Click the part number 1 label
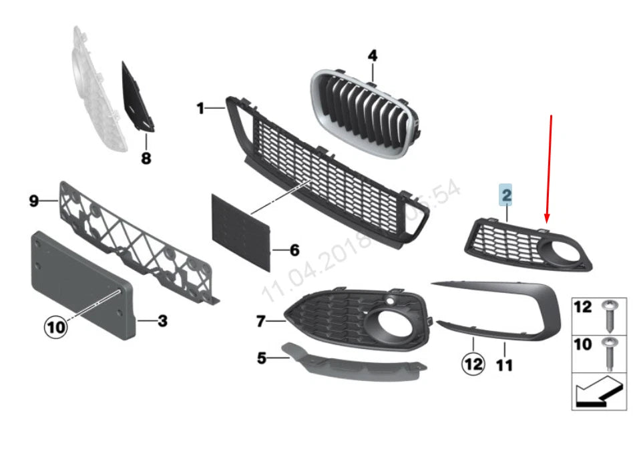click(200, 107)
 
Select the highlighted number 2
click(506, 195)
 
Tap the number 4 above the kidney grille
click(372, 55)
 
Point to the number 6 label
click(294, 251)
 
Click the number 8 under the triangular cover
click(146, 158)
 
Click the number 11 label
click(504, 365)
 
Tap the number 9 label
click(34, 200)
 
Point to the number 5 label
click(262, 359)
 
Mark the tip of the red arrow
click(547, 221)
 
